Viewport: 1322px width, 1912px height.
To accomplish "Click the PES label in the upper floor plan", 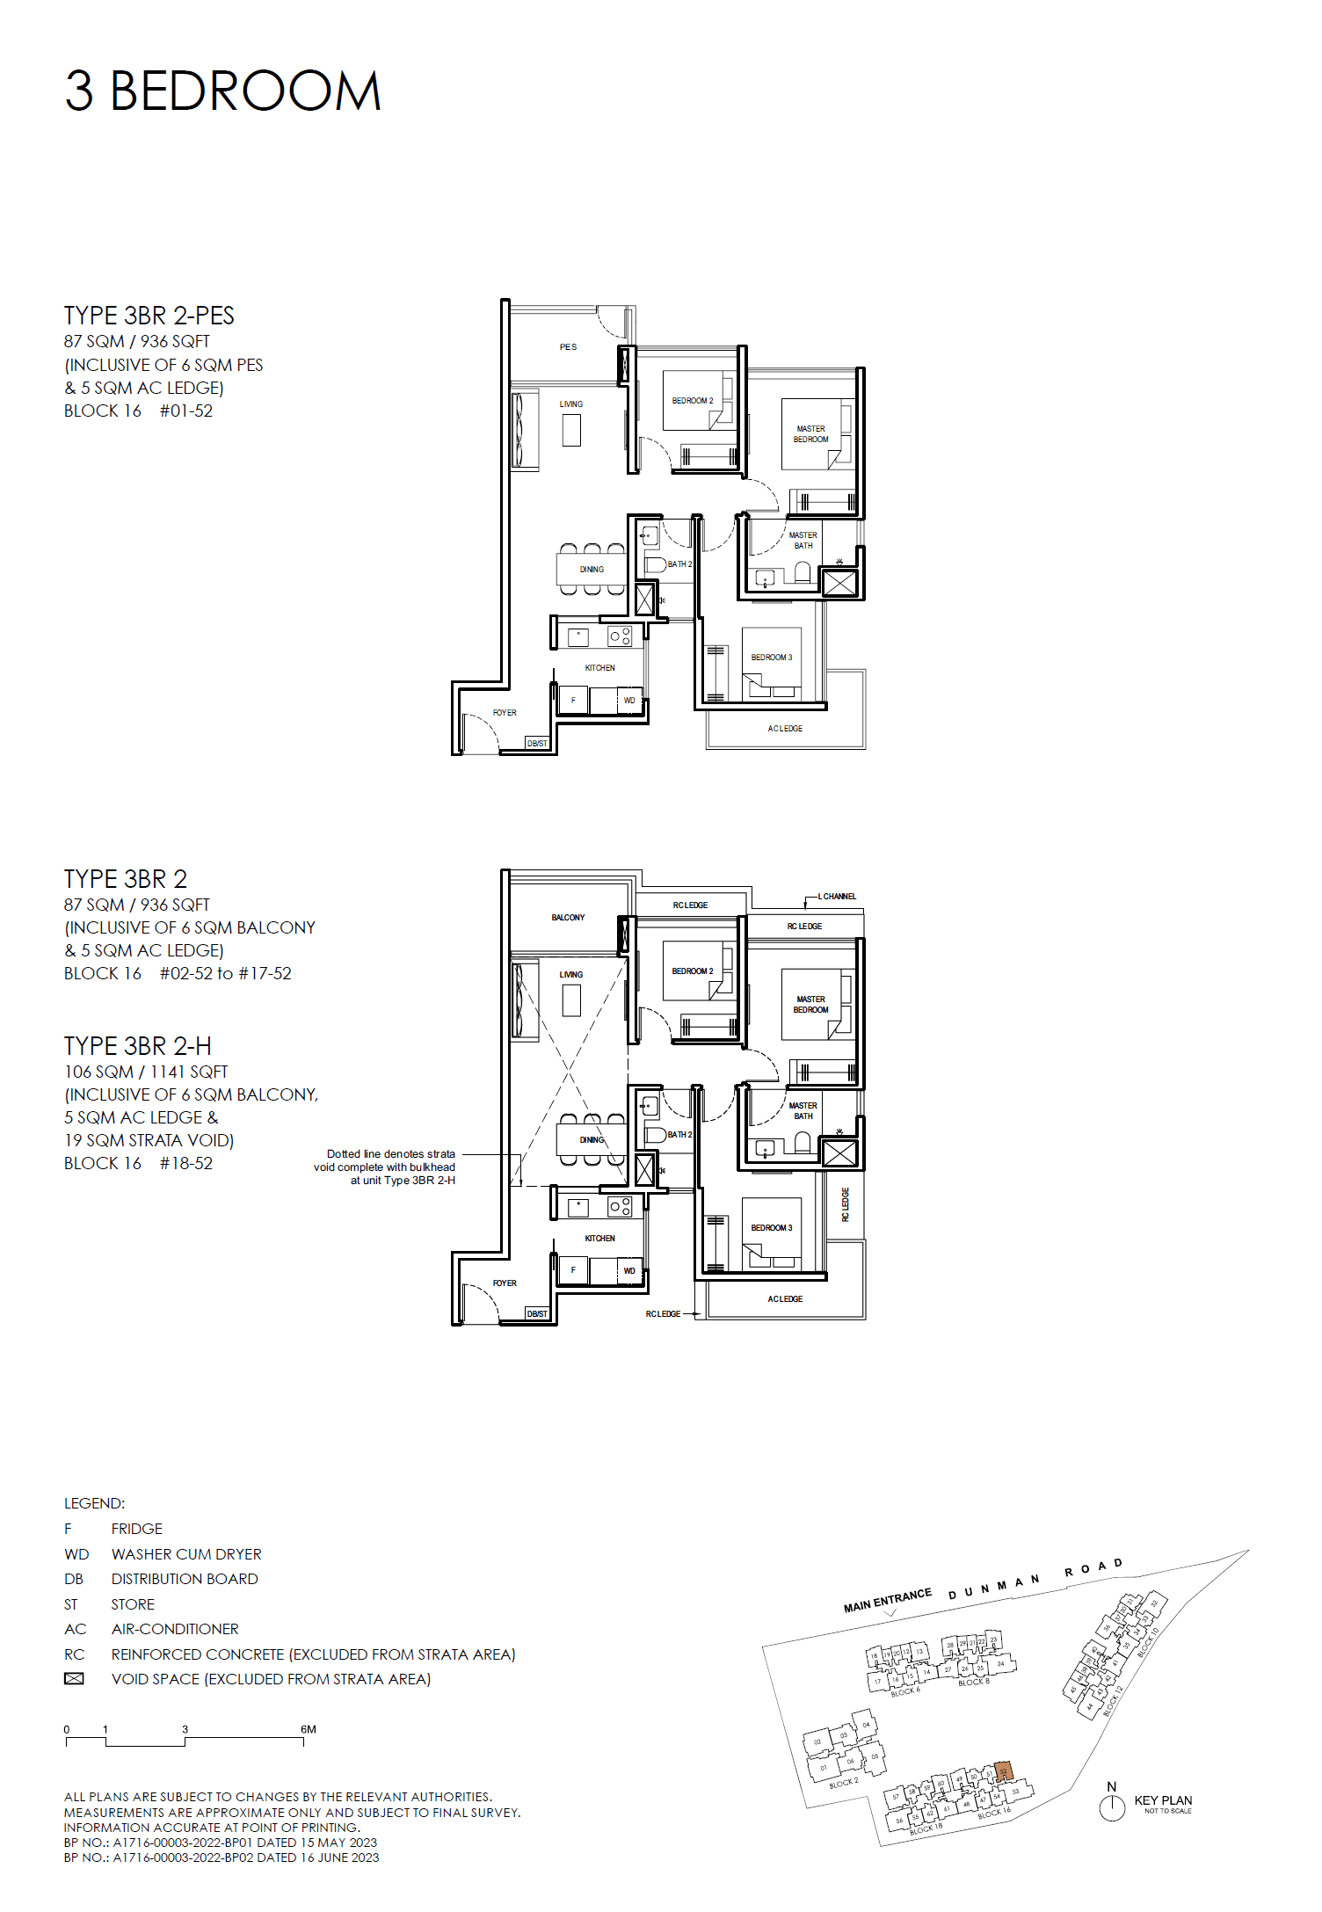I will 568,347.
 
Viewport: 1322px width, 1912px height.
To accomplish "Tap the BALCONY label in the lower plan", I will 568,918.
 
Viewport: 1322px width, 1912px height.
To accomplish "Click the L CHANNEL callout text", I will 837,897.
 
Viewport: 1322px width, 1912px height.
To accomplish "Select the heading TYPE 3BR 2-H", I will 138,1046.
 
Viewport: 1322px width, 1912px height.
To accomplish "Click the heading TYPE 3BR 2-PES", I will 149,316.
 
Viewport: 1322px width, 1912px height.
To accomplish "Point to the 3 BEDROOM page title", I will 223,91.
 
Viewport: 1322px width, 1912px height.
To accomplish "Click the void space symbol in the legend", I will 75,1679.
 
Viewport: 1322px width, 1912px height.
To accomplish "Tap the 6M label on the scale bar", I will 308,1729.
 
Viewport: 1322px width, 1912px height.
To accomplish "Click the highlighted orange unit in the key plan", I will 1004,1771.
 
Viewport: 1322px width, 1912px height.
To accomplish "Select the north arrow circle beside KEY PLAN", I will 1112,1808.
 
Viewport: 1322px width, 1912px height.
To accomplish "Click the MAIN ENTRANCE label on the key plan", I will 887,1601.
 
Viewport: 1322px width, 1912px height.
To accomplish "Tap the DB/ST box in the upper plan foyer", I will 537,744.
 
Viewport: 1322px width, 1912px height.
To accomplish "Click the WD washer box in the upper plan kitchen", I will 629,701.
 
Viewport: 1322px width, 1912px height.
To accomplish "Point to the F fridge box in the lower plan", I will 573,1270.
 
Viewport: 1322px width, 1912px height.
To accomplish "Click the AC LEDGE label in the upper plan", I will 785,729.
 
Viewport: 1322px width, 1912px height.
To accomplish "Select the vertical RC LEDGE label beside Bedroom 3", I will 846,1205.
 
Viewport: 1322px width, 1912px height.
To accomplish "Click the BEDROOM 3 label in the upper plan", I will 772,658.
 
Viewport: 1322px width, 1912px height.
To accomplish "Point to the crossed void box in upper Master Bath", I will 839,583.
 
